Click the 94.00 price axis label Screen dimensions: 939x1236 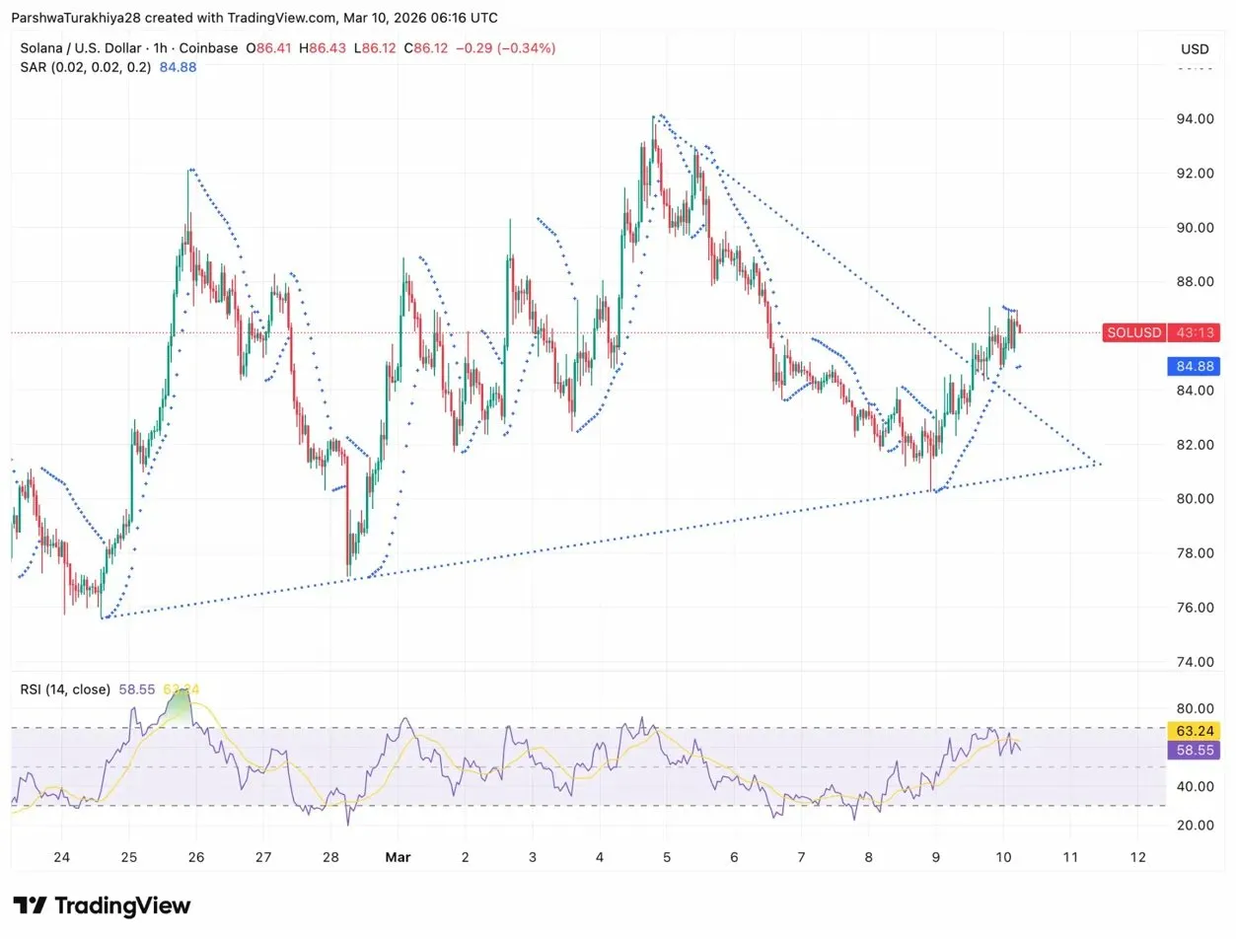click(x=1195, y=119)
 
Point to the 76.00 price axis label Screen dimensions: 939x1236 click(x=1195, y=608)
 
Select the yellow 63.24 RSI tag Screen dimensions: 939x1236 click(x=1194, y=731)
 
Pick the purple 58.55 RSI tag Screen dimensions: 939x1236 click(x=1194, y=751)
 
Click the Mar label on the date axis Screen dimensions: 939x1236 click(x=397, y=856)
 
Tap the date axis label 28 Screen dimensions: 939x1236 click(x=331, y=856)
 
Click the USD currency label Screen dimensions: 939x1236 click(x=1195, y=49)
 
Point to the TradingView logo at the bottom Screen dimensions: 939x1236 click(x=102, y=905)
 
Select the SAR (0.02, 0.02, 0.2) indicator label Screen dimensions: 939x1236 click(x=85, y=67)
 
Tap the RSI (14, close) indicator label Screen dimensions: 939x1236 click(x=65, y=689)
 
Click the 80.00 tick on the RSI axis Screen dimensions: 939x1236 click(x=1195, y=708)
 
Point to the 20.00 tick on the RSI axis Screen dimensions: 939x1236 click(x=1195, y=825)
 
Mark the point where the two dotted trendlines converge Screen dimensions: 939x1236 click(x=1099, y=464)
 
